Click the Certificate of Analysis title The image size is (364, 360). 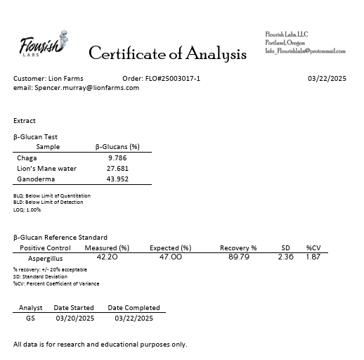pyautogui.click(x=167, y=53)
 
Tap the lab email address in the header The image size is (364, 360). pyautogui.click(x=305, y=51)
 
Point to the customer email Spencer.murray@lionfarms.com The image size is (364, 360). pyautogui.click(x=76, y=88)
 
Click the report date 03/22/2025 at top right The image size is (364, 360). pyautogui.click(x=327, y=78)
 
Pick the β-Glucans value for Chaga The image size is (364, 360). pyautogui.click(x=117, y=158)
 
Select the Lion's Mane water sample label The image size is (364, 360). pyautogui.click(x=46, y=169)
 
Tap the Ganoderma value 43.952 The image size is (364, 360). pyautogui.click(x=117, y=179)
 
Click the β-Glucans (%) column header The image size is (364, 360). pyautogui.click(x=117, y=147)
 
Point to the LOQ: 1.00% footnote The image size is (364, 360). pyautogui.click(x=27, y=210)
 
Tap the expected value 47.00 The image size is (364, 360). pyautogui.click(x=170, y=257)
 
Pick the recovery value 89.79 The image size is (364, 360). pyautogui.click(x=238, y=257)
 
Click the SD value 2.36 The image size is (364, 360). pyautogui.click(x=285, y=257)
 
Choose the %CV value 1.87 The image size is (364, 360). pyautogui.click(x=313, y=257)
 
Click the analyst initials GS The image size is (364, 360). pyautogui.click(x=30, y=318)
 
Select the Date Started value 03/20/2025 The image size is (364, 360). pyautogui.click(x=74, y=318)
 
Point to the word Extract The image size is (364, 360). pyautogui.click(x=25, y=121)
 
